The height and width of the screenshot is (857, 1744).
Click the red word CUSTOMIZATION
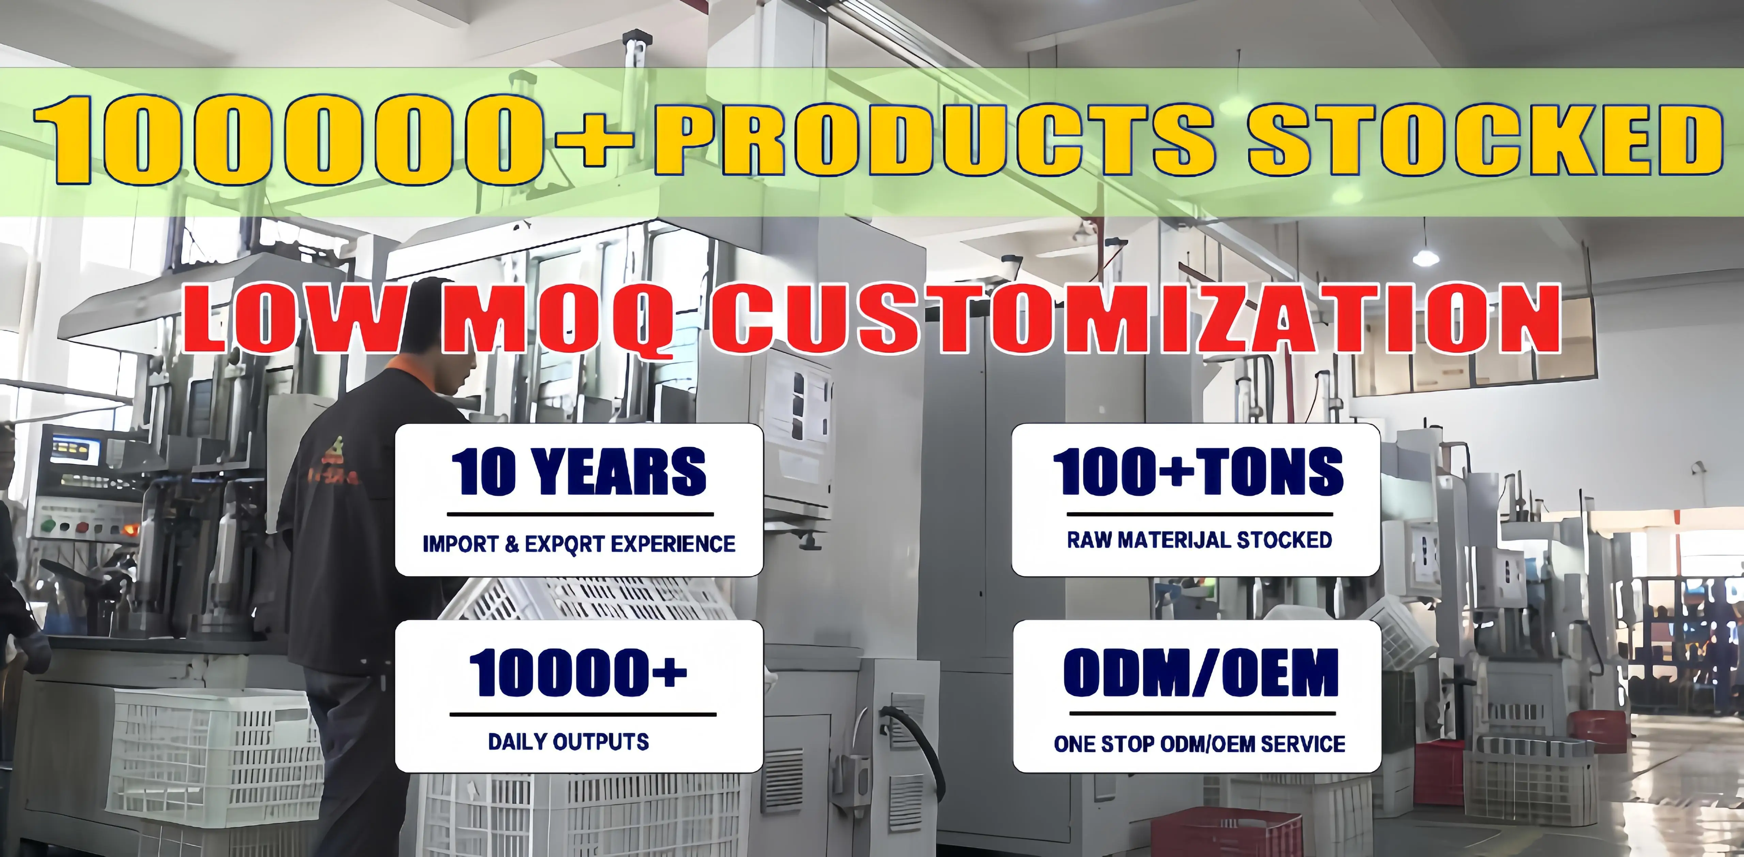tap(1135, 318)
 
